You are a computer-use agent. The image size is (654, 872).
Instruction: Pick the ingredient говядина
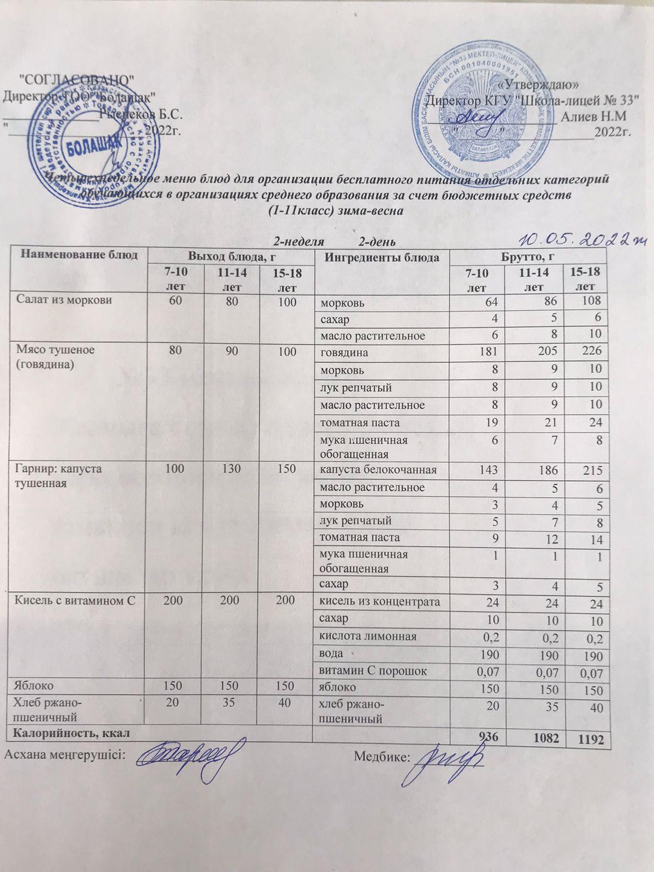point(344,353)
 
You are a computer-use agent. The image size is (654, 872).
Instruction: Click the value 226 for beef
point(590,352)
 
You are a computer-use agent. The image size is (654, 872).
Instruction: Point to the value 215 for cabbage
point(590,470)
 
